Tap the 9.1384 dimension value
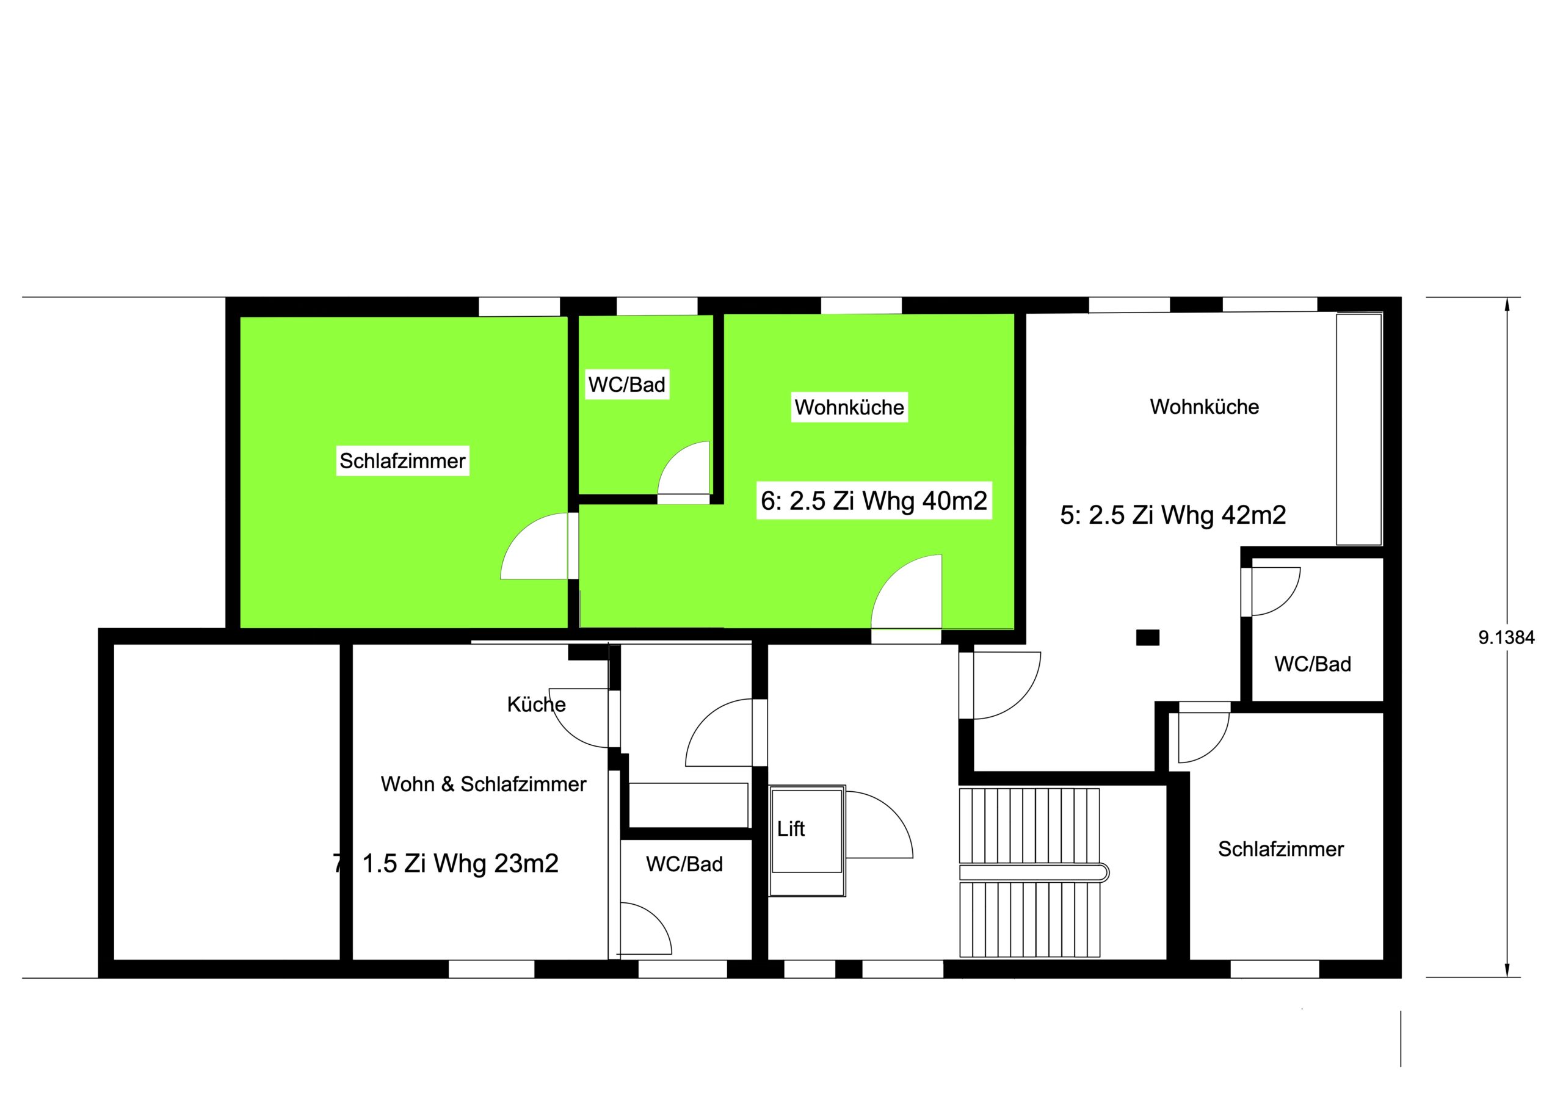click(1506, 637)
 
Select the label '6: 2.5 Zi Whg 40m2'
click(874, 501)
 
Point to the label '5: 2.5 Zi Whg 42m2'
click(1173, 515)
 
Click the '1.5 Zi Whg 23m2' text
click(460, 863)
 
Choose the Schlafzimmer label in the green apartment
click(402, 461)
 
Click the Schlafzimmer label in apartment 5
click(1280, 849)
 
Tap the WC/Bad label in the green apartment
click(627, 385)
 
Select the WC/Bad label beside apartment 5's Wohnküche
click(1313, 664)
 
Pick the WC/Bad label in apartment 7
click(684, 864)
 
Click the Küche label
click(537, 704)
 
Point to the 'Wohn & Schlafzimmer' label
click(484, 784)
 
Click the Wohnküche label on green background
click(849, 407)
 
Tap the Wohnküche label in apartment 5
click(1204, 407)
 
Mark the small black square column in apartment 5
click(1148, 637)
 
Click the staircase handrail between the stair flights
click(1034, 872)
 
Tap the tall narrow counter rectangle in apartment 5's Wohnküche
click(1359, 429)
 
